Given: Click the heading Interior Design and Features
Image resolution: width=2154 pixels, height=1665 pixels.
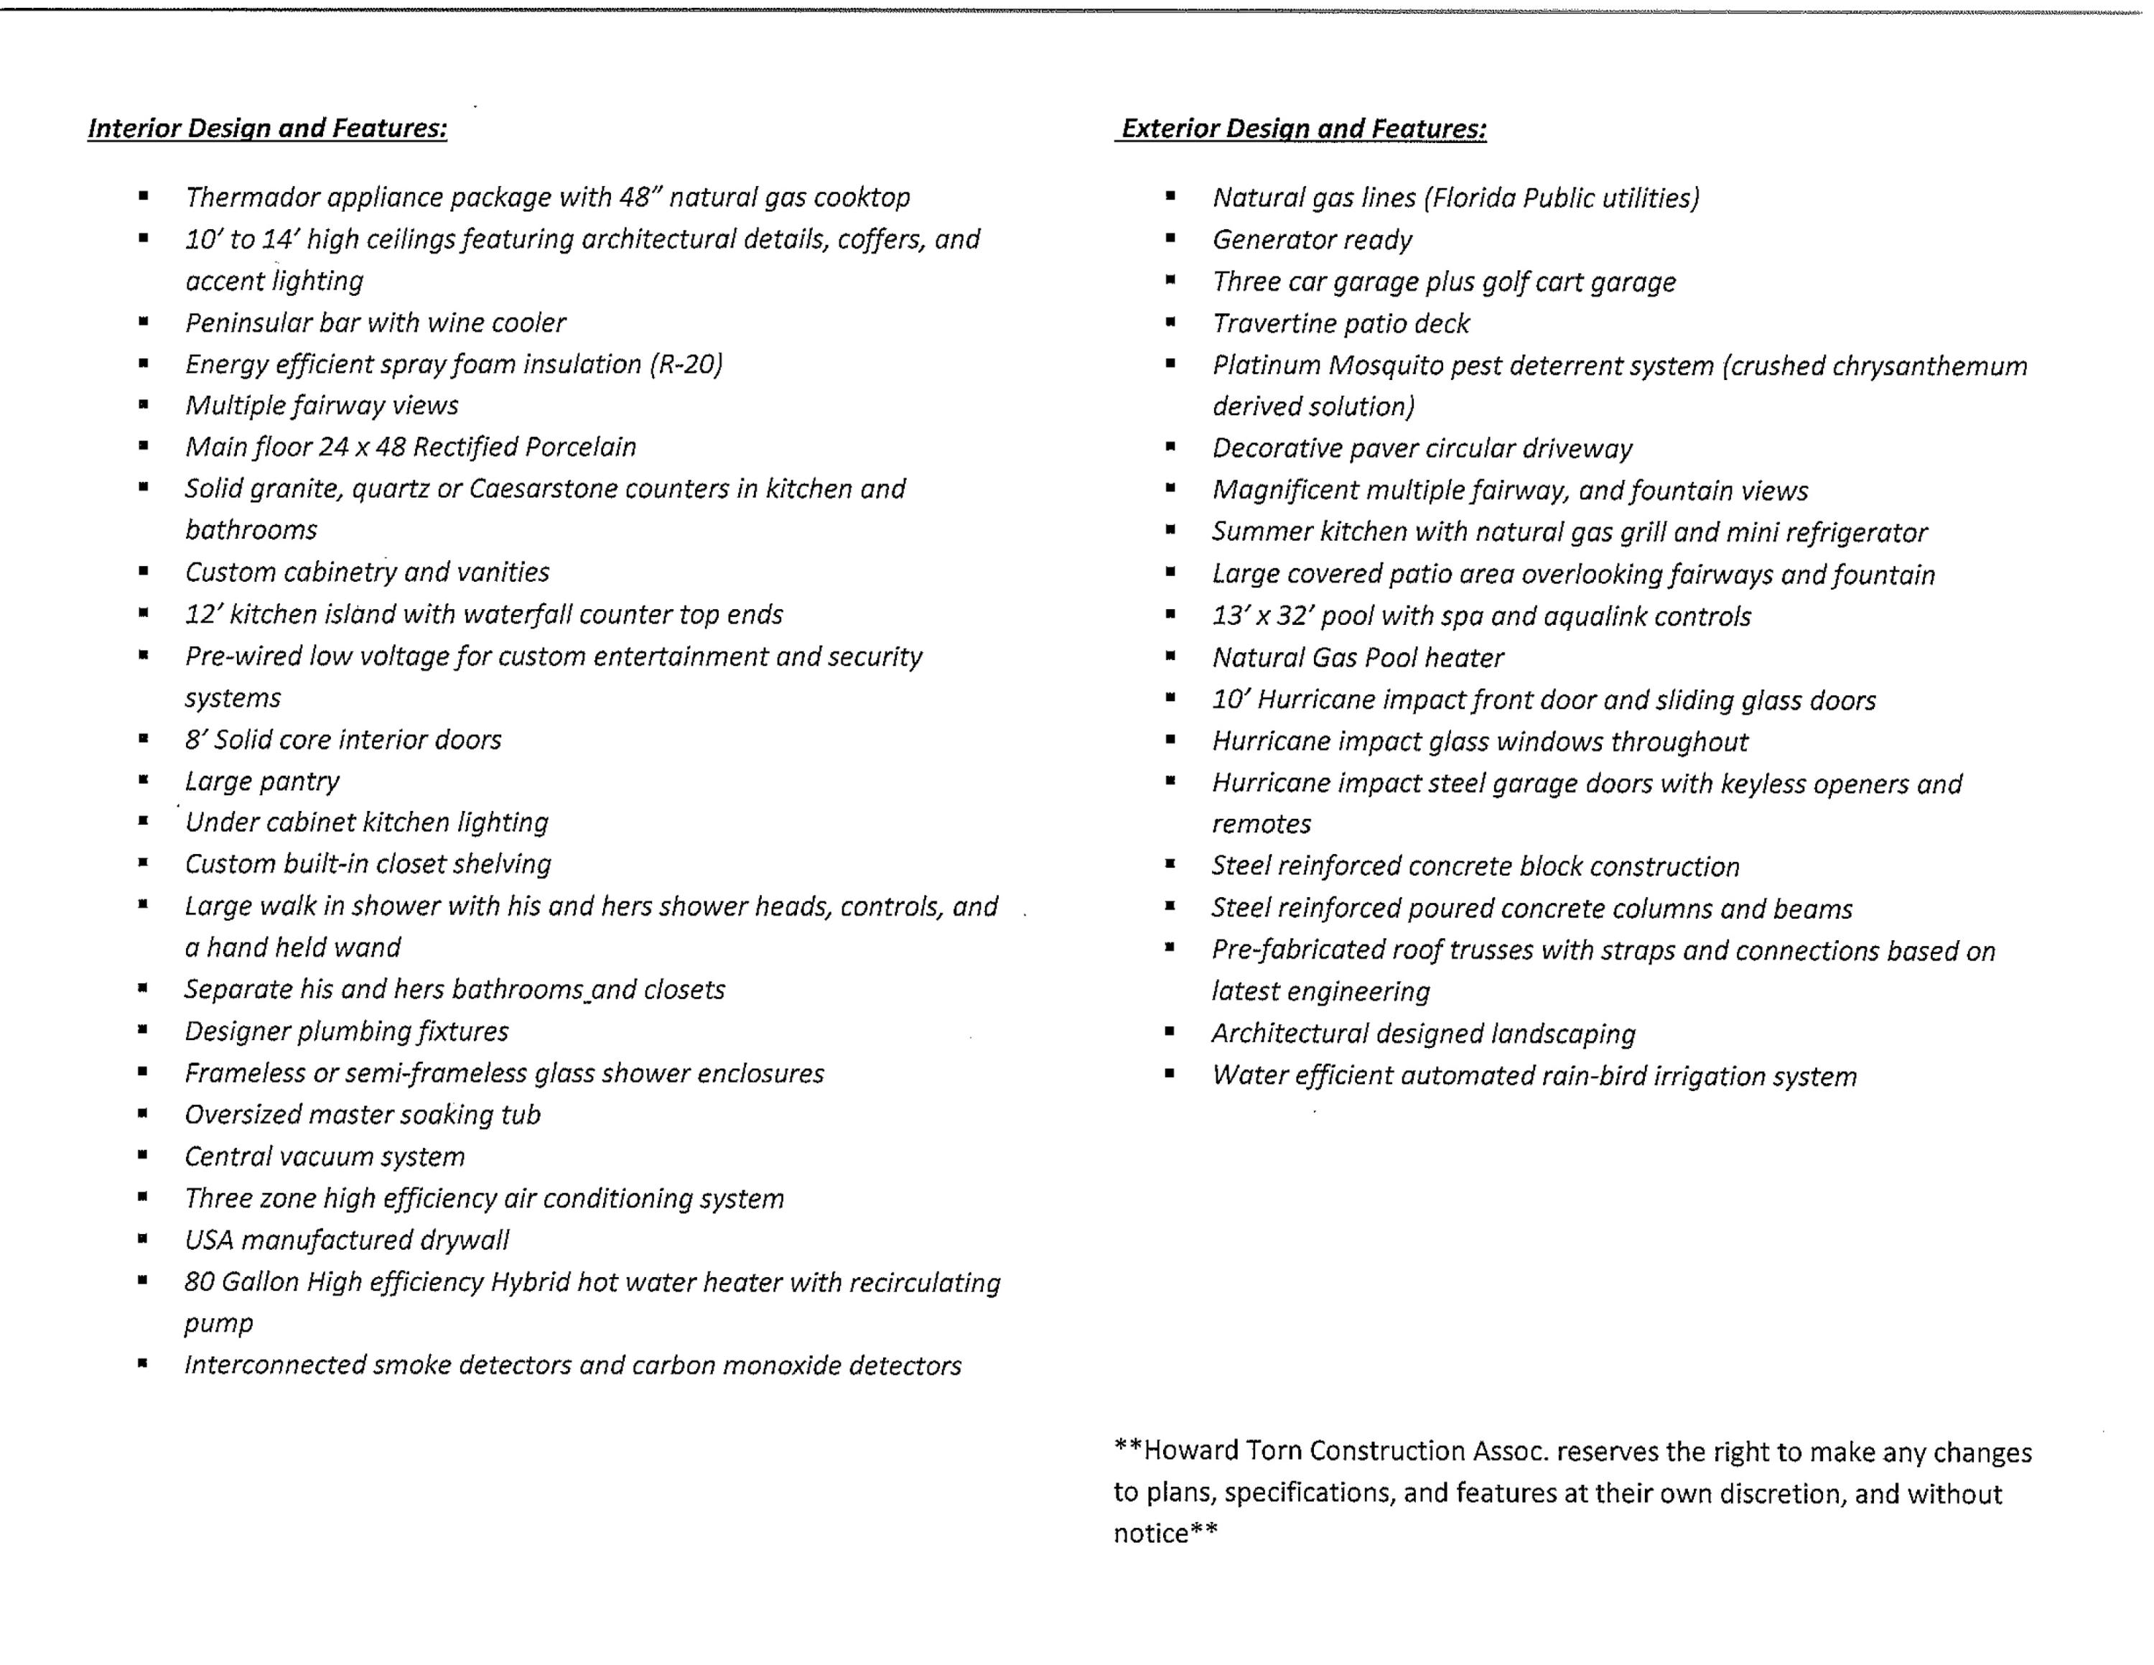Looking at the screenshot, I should pos(267,129).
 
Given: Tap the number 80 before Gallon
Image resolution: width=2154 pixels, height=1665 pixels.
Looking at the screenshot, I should pos(199,1281).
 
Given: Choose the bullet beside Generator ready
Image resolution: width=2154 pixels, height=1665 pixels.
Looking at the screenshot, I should pos(1170,238).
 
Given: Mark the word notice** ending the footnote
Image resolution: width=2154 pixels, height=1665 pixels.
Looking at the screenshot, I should pos(1166,1534).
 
